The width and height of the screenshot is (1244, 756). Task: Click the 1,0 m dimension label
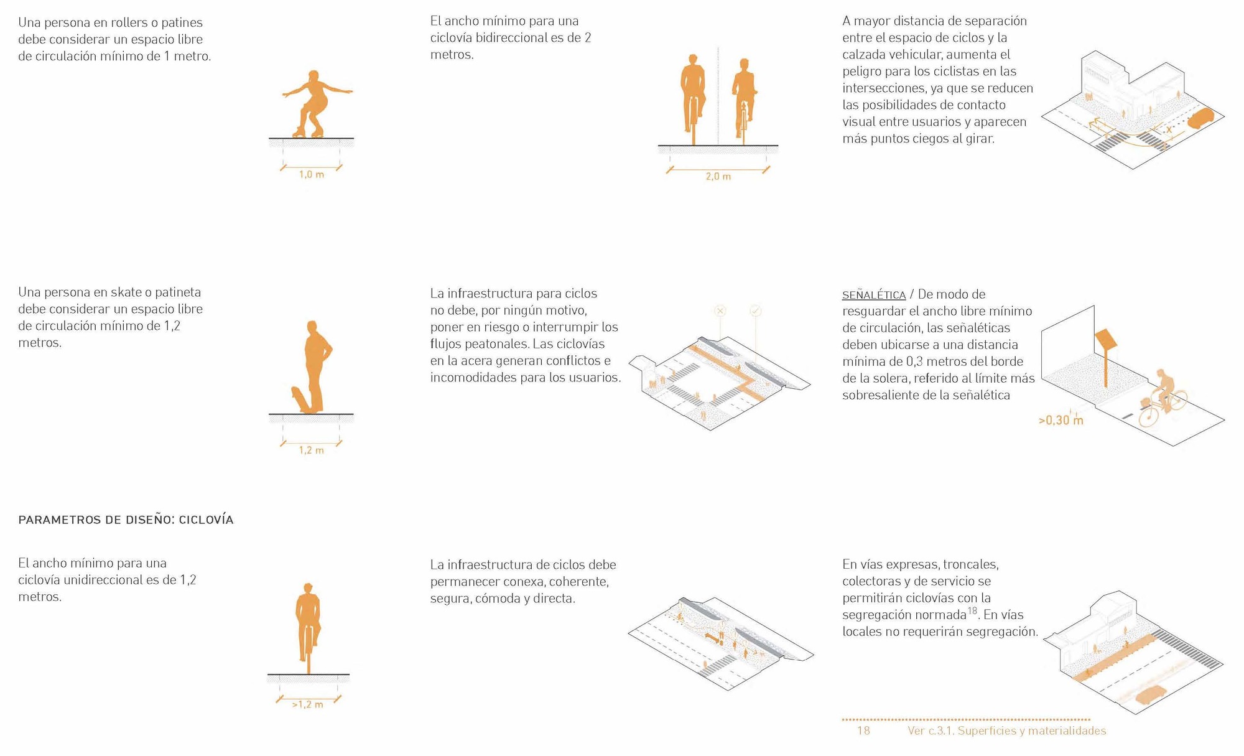click(x=311, y=175)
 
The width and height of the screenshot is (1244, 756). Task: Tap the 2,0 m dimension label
click(x=718, y=177)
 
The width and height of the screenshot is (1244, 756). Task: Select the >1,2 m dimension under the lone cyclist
click(x=308, y=705)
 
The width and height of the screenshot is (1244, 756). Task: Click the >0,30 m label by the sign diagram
click(x=1061, y=421)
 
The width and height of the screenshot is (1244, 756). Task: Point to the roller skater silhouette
click(x=316, y=103)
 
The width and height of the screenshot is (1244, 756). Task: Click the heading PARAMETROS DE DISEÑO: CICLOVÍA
click(x=126, y=520)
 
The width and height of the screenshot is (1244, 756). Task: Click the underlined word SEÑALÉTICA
click(x=873, y=295)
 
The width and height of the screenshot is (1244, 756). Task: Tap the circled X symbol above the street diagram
click(x=720, y=310)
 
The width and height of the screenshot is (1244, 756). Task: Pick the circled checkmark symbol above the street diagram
click(x=755, y=310)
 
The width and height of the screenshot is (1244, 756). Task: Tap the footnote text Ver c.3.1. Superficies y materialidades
click(x=1006, y=730)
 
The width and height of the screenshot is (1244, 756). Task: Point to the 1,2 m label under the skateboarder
click(x=311, y=450)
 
